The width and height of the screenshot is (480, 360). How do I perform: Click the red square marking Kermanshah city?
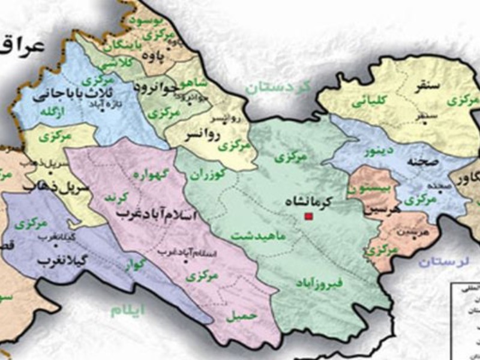[309, 216]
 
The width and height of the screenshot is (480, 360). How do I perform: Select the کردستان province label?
[278, 88]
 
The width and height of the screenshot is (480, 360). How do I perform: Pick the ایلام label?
[129, 309]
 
